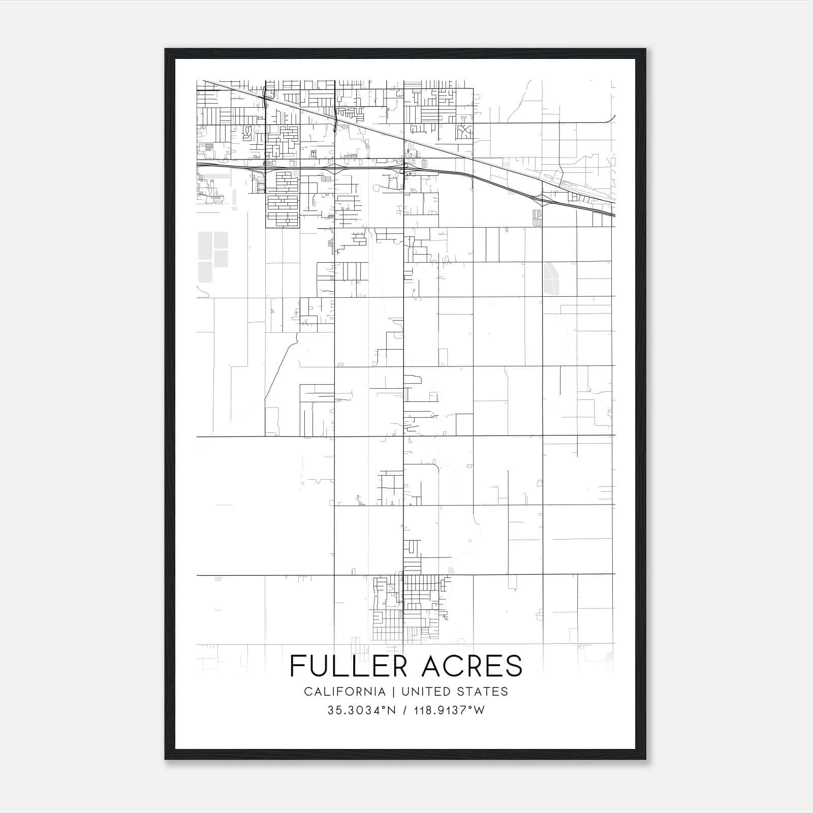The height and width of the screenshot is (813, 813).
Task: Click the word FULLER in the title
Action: (x=351, y=666)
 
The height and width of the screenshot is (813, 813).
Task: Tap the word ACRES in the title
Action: (x=472, y=666)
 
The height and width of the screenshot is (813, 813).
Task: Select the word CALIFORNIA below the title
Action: (x=345, y=692)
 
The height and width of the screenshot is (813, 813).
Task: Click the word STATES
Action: (x=486, y=692)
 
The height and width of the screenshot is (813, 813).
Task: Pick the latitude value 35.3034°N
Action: (x=361, y=710)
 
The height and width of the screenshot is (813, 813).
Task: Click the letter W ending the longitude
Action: (x=480, y=710)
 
